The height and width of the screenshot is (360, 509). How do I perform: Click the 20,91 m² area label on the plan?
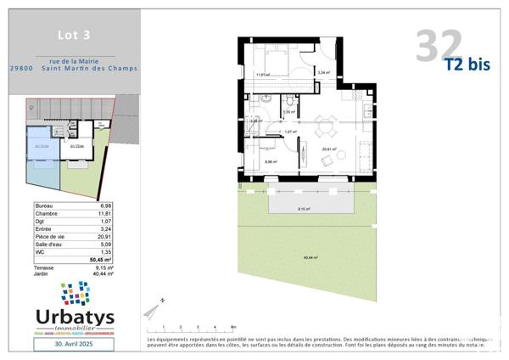[x=329, y=149]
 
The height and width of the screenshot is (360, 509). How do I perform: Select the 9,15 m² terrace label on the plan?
[x=303, y=209]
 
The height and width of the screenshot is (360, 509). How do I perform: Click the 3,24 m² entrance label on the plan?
[x=322, y=73]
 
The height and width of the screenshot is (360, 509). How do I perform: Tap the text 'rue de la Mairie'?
[x=81, y=60]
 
